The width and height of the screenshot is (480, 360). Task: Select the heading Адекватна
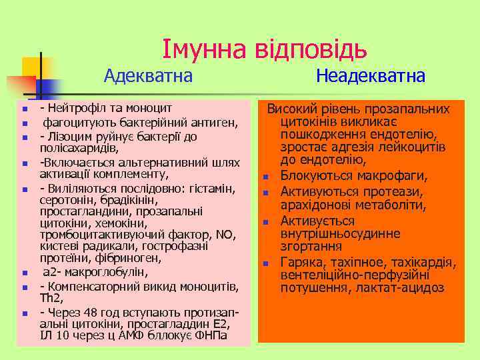point(148,76)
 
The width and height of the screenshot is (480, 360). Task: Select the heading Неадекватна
point(371,76)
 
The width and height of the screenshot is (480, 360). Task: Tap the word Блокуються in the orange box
point(313,175)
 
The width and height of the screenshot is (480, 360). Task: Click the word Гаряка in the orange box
point(301,263)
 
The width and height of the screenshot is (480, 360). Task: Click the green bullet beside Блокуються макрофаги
point(265,177)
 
